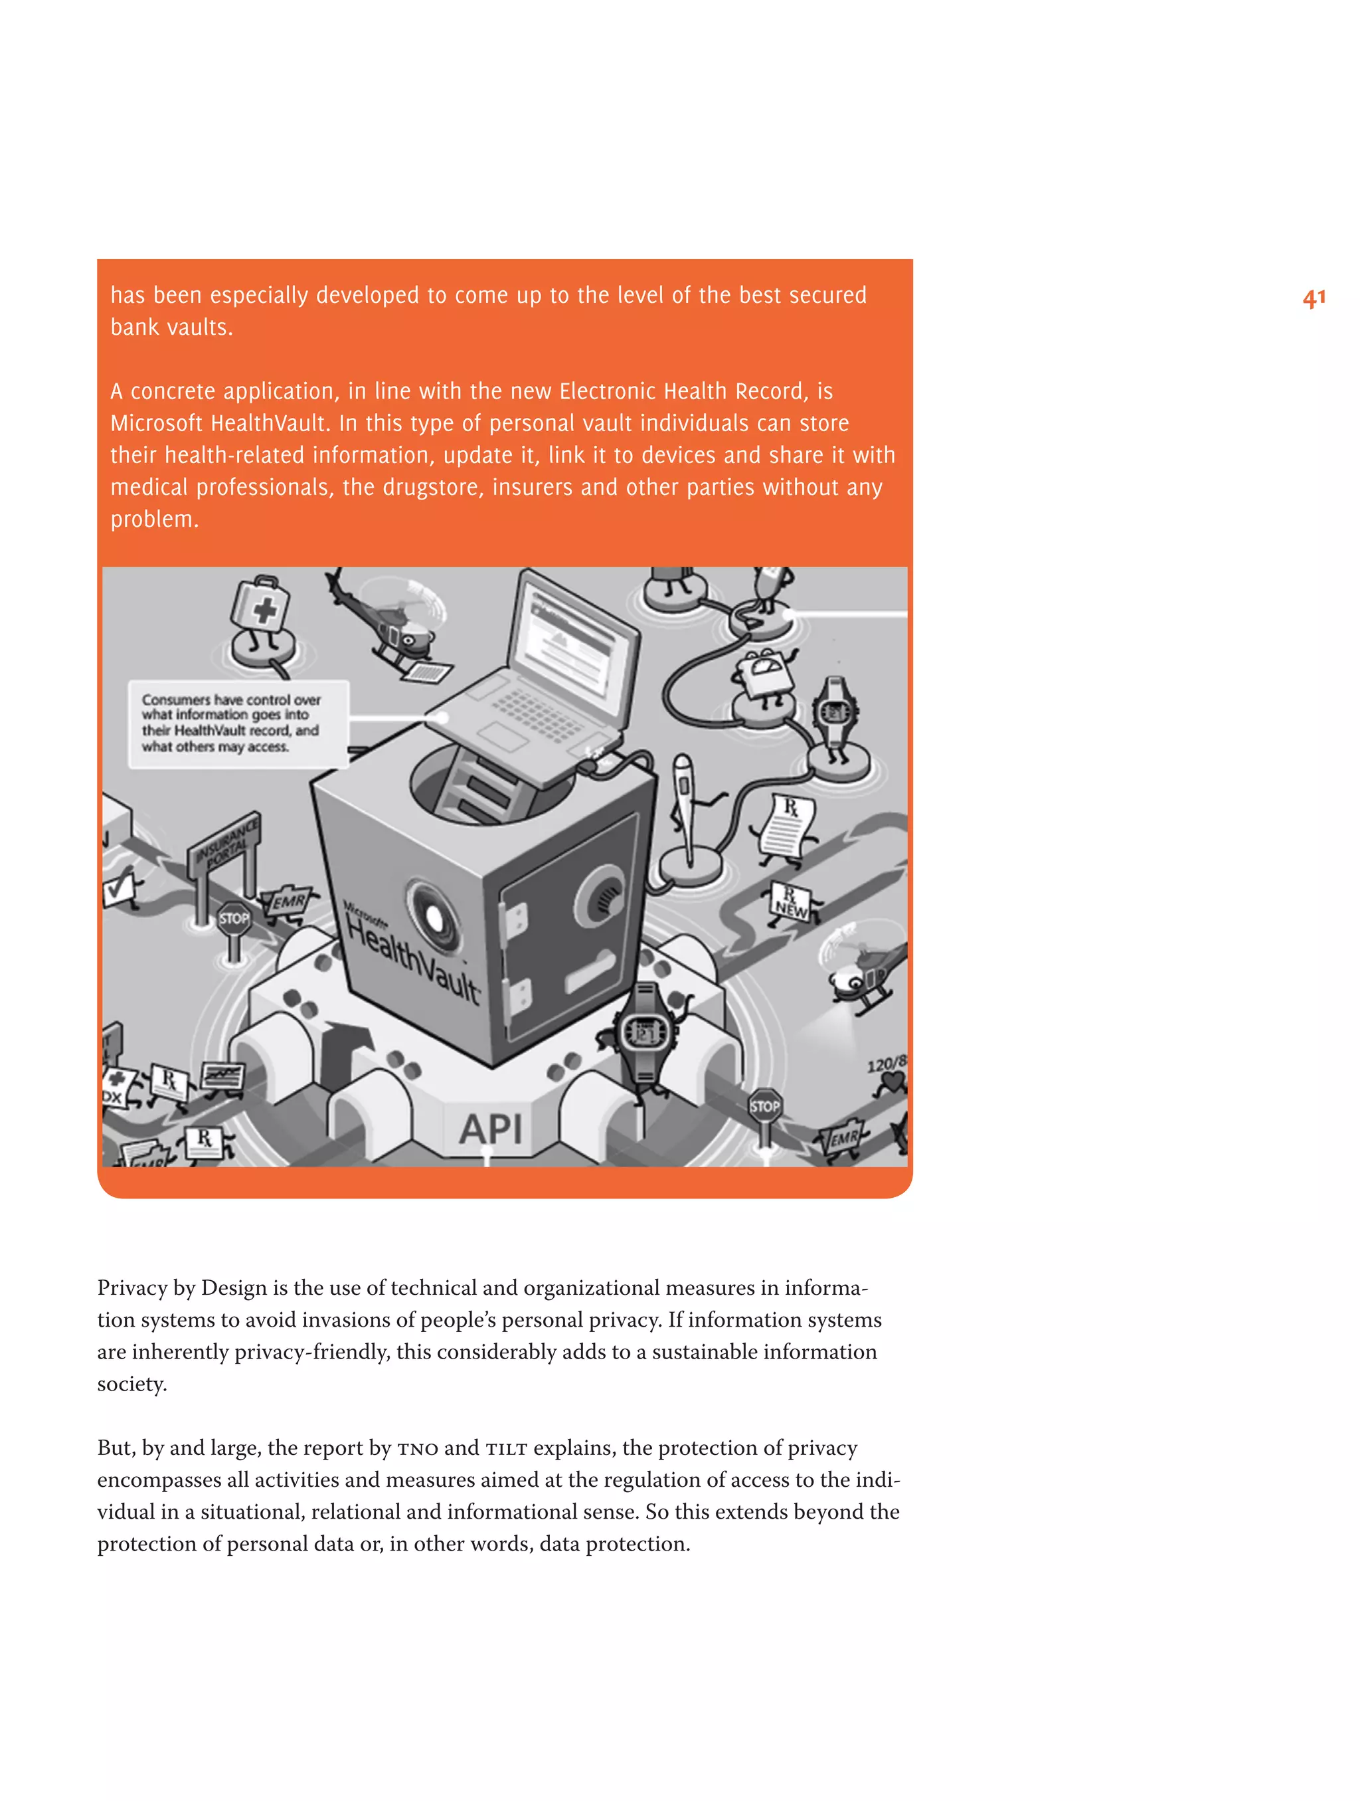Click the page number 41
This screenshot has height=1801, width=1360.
[x=1313, y=299]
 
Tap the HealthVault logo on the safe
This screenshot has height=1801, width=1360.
[x=412, y=957]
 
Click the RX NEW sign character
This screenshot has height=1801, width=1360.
[x=791, y=903]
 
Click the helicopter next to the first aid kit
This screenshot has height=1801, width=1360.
[x=390, y=623]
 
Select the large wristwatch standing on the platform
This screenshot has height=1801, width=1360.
[x=646, y=1034]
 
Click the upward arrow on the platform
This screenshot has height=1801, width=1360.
[x=342, y=1050]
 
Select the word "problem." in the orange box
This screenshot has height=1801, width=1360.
[x=155, y=520]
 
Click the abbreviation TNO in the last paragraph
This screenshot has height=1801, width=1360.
[x=418, y=1448]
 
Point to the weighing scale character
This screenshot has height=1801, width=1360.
[x=762, y=675]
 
